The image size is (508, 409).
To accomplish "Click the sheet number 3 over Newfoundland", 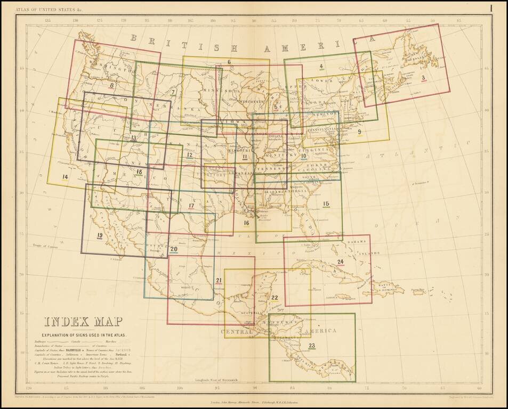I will (x=423, y=78).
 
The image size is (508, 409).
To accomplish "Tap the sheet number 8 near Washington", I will (x=111, y=85).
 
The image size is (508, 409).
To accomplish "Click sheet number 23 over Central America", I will (x=312, y=346).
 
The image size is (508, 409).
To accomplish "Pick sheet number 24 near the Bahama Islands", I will (x=341, y=261).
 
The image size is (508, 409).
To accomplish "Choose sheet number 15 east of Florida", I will (x=326, y=203).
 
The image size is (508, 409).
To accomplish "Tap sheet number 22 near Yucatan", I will (x=274, y=298).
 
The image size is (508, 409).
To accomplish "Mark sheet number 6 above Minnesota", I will (x=229, y=62).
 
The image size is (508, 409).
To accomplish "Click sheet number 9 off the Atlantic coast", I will (x=359, y=132).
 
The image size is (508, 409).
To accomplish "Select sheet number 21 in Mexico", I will (x=219, y=281).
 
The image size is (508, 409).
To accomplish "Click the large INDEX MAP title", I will (x=83, y=322).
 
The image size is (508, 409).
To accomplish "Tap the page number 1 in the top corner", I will (x=490, y=7).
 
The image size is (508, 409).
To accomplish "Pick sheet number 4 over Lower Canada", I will (x=321, y=67).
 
